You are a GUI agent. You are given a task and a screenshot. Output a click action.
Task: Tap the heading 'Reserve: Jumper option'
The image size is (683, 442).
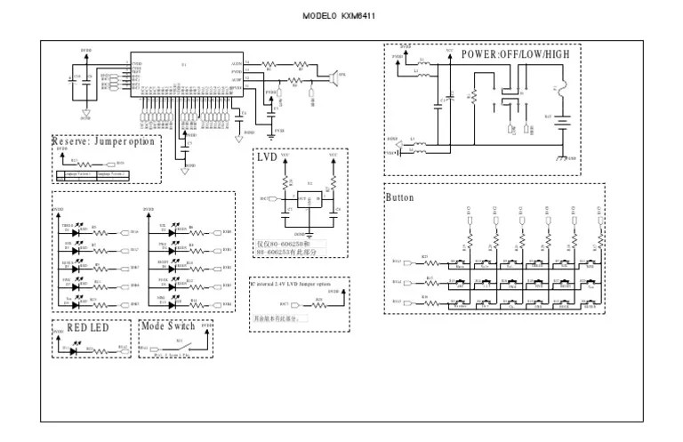pos(103,141)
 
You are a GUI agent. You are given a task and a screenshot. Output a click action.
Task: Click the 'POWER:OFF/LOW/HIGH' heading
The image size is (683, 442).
pos(515,53)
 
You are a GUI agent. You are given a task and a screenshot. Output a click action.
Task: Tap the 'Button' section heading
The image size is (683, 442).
pos(400,197)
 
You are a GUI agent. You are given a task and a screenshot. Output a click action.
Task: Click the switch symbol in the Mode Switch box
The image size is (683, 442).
pos(179,347)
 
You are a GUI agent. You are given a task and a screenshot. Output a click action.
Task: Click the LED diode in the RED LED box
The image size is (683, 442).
pos(73,350)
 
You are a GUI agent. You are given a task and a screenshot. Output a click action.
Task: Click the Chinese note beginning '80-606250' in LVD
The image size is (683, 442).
pos(290,246)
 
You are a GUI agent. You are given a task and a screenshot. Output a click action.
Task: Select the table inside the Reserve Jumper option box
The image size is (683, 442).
pos(87,176)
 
